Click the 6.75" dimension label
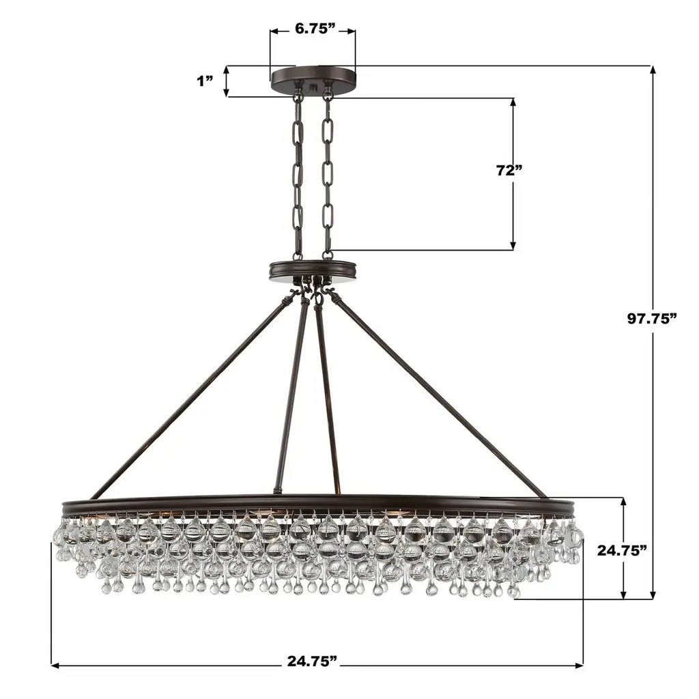tap(315, 29)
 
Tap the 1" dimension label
tap(205, 81)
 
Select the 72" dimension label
tap(509, 170)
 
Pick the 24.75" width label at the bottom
tap(312, 660)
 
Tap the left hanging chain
tap(298, 178)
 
